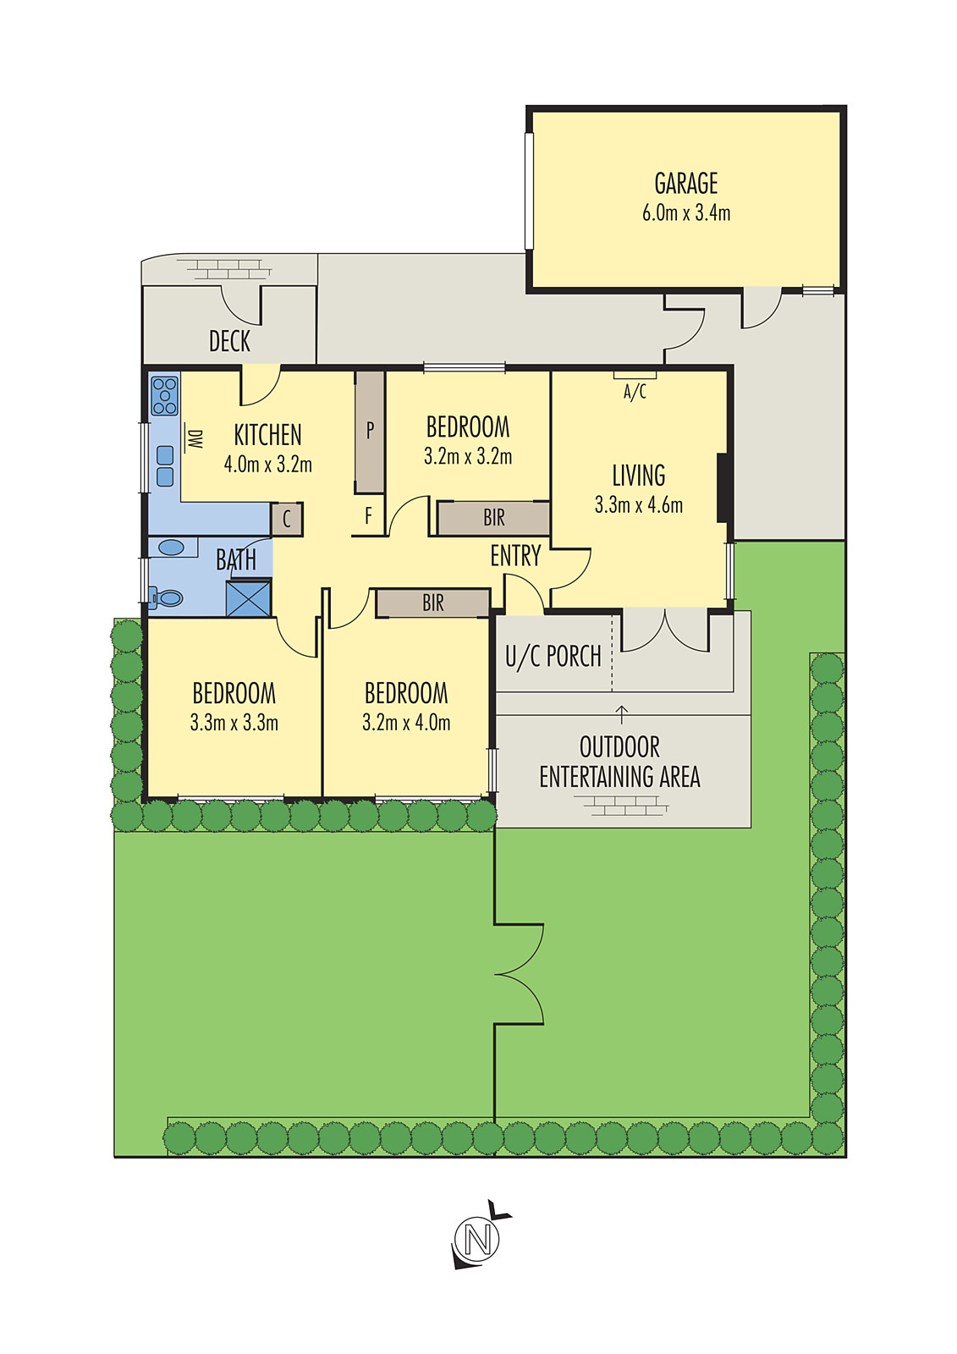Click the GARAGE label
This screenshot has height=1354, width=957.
[685, 184]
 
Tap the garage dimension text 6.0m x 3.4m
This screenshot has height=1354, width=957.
[685, 212]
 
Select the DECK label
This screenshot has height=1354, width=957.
[229, 341]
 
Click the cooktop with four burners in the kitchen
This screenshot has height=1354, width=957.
[164, 395]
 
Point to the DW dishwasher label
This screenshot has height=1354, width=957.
[195, 439]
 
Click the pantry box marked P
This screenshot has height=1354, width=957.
[370, 432]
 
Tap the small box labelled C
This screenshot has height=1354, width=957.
[287, 519]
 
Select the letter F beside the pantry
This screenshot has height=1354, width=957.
[368, 516]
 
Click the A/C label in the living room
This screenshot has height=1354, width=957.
[635, 392]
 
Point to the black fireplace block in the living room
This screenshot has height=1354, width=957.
[724, 487]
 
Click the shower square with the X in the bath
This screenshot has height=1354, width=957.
[249, 597]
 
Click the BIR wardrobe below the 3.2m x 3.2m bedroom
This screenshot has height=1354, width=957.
[493, 517]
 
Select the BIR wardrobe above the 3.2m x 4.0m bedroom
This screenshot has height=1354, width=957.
[432, 603]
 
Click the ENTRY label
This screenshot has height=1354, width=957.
[515, 556]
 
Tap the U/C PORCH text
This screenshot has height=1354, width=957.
[553, 657]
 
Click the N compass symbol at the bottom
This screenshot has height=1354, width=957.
[477, 1240]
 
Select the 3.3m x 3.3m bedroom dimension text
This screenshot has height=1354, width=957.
[234, 723]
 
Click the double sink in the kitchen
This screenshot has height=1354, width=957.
[165, 466]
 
